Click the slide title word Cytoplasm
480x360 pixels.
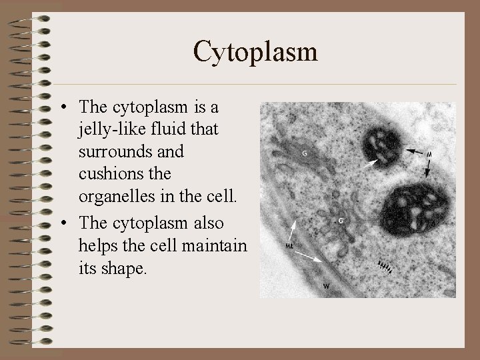(x=255, y=51)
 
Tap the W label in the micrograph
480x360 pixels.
(x=327, y=286)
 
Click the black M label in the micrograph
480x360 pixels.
(x=429, y=155)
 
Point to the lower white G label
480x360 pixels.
(x=341, y=219)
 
